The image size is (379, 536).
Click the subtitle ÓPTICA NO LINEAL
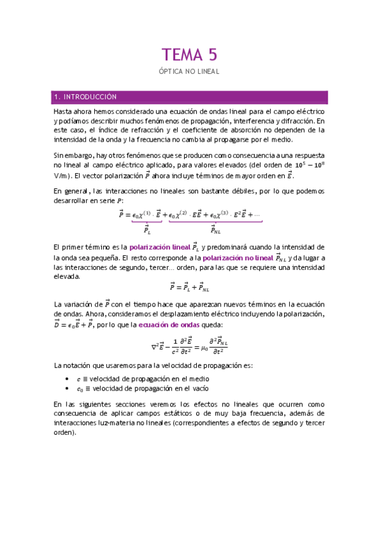click(189, 71)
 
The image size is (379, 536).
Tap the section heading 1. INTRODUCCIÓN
click(86, 97)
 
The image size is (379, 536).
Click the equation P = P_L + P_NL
click(189, 288)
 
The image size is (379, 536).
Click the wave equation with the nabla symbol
click(189, 346)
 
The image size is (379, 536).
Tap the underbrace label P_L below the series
click(147, 230)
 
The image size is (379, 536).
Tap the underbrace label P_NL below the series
click(215, 230)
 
